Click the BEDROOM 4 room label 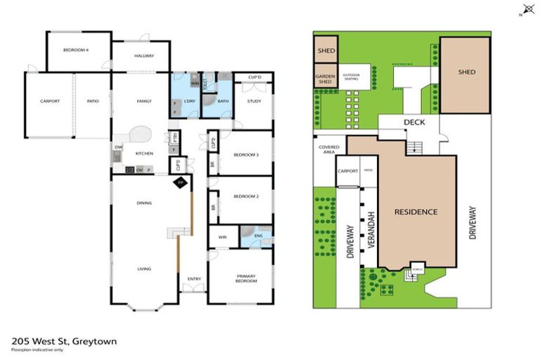click(x=75, y=51)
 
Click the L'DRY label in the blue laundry click(x=188, y=101)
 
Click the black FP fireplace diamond click(x=180, y=182)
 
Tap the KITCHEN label click(x=143, y=153)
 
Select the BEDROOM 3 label click(x=247, y=154)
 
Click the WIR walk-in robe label click(x=223, y=237)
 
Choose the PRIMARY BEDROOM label click(x=245, y=278)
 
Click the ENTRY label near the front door click(x=194, y=278)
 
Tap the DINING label click(x=143, y=203)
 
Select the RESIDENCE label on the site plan click(x=416, y=212)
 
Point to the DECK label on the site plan click(x=413, y=122)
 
